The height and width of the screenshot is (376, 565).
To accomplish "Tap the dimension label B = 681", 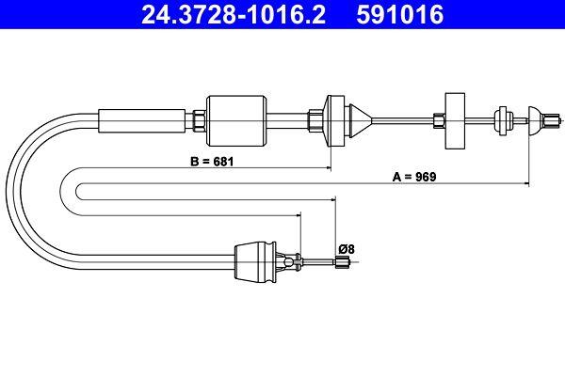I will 212,162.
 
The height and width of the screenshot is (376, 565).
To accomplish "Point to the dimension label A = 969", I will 413,177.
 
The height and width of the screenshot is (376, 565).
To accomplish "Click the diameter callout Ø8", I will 346,248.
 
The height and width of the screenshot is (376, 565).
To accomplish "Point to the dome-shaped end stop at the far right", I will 535,118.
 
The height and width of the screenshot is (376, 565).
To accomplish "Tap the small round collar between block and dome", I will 501,118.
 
